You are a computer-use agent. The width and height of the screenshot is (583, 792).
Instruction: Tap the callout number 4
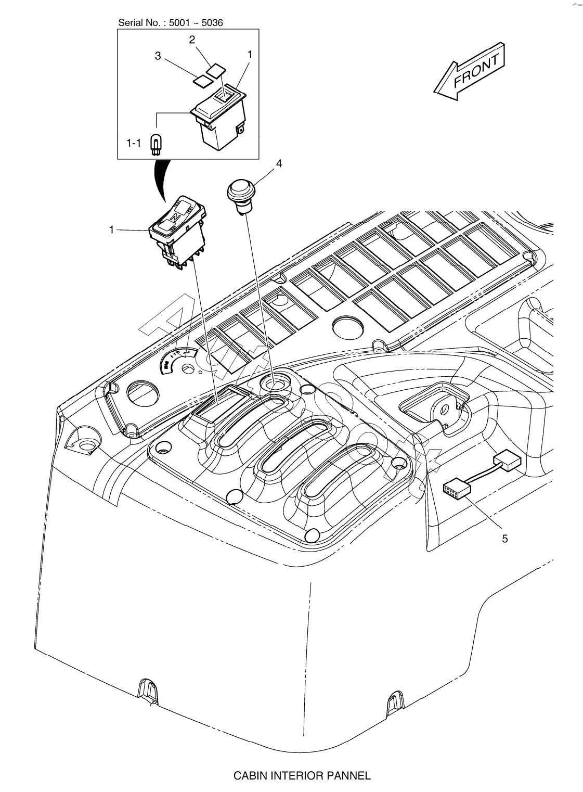279,163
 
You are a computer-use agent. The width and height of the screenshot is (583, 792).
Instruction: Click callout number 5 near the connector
504,539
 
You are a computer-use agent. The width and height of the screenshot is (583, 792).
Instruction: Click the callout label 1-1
134,143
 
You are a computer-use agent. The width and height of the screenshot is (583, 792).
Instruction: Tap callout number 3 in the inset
158,57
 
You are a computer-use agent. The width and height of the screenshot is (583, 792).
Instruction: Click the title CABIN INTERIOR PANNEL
302,776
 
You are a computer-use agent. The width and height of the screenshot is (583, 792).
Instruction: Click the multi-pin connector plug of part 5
456,490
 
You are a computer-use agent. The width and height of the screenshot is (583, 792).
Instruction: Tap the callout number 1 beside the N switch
111,229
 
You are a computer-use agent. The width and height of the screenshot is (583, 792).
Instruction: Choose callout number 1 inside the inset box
250,54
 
